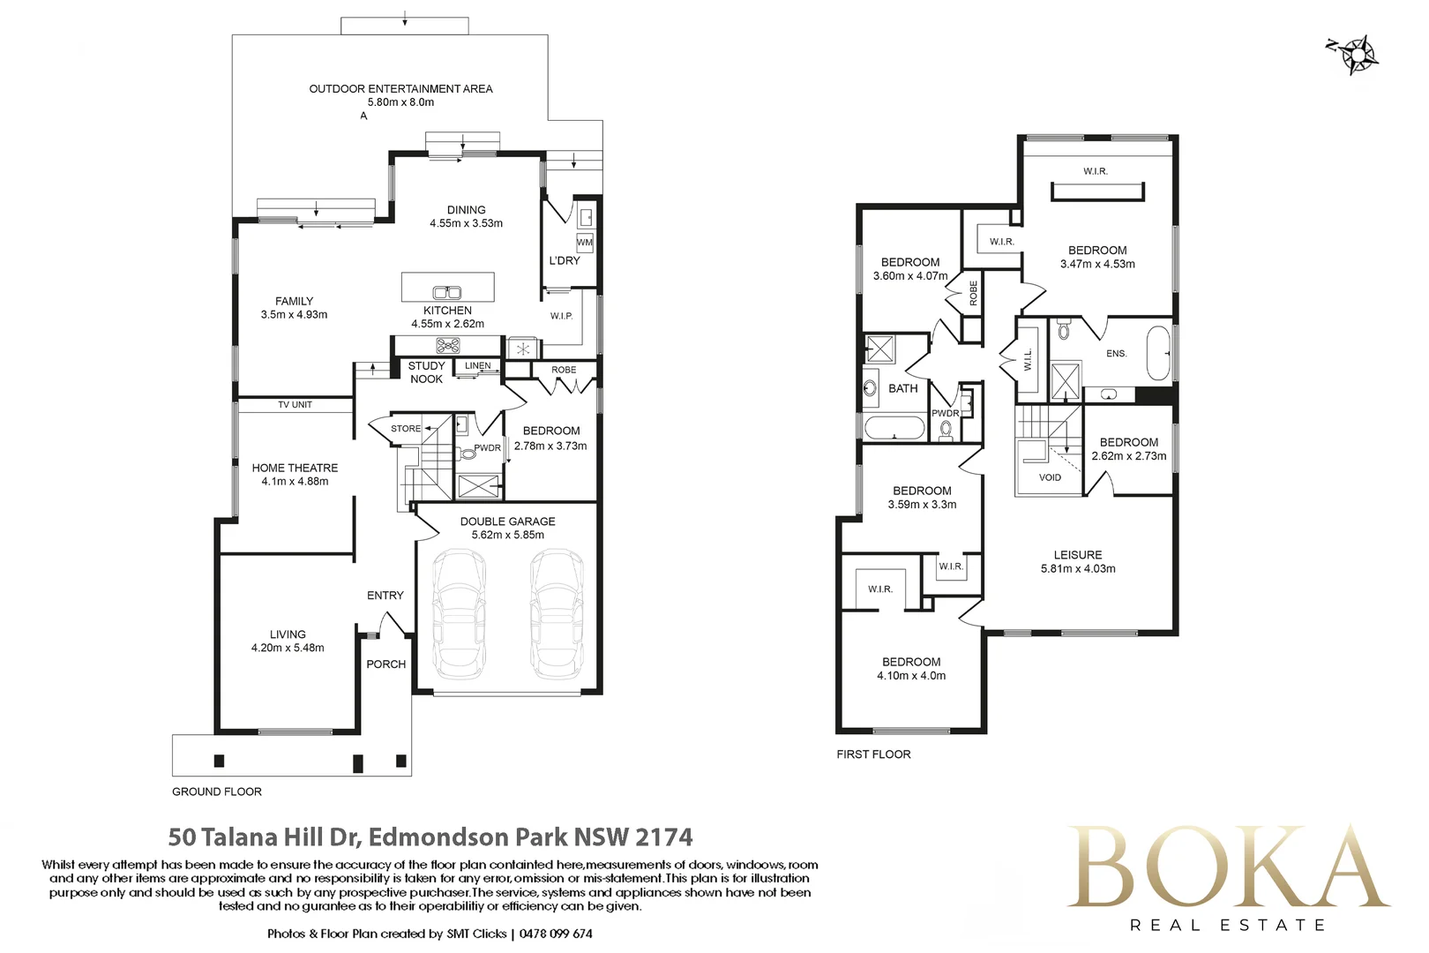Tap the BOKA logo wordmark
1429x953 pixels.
click(x=1228, y=867)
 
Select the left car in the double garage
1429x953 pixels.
click(x=460, y=614)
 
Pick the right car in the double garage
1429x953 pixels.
click(x=557, y=614)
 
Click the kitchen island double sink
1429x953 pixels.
click(x=447, y=293)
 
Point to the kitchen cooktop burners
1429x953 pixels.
click(x=448, y=346)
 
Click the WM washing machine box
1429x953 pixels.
click(x=584, y=243)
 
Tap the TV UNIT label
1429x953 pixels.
click(x=295, y=405)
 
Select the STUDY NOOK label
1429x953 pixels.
click(x=426, y=372)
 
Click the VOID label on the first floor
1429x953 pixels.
click(x=1050, y=477)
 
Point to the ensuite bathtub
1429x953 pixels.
click(x=1159, y=353)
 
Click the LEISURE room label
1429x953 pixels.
click(x=1078, y=555)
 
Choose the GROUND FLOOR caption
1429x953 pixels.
click(x=217, y=792)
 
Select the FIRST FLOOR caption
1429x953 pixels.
click(x=874, y=754)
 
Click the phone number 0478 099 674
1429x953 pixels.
click(x=556, y=934)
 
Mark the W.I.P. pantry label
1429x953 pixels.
click(x=561, y=316)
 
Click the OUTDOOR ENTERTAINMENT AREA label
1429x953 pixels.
click(x=400, y=89)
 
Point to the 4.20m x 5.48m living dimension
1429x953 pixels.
click(x=288, y=648)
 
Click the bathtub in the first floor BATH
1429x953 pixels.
click(x=894, y=428)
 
